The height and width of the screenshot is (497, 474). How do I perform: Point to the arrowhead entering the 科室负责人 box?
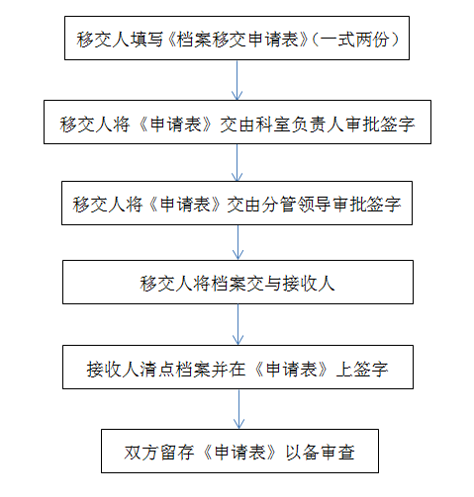[237, 95]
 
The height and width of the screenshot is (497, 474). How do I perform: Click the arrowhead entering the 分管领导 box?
[237, 176]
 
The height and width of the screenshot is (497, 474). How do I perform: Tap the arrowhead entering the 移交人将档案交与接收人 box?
[237, 255]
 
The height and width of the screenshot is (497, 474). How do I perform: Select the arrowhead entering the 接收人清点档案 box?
[237, 340]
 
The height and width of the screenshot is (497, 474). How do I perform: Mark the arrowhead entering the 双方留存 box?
[238, 424]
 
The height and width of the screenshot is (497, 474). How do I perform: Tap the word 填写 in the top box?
[146, 40]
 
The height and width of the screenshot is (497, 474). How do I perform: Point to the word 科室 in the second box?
[272, 124]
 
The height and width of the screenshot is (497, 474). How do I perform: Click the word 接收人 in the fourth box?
[309, 284]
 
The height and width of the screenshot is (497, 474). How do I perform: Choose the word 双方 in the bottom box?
[142, 453]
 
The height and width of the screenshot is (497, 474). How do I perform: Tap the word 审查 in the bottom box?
[337, 453]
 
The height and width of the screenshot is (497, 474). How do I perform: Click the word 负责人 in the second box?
[318, 124]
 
